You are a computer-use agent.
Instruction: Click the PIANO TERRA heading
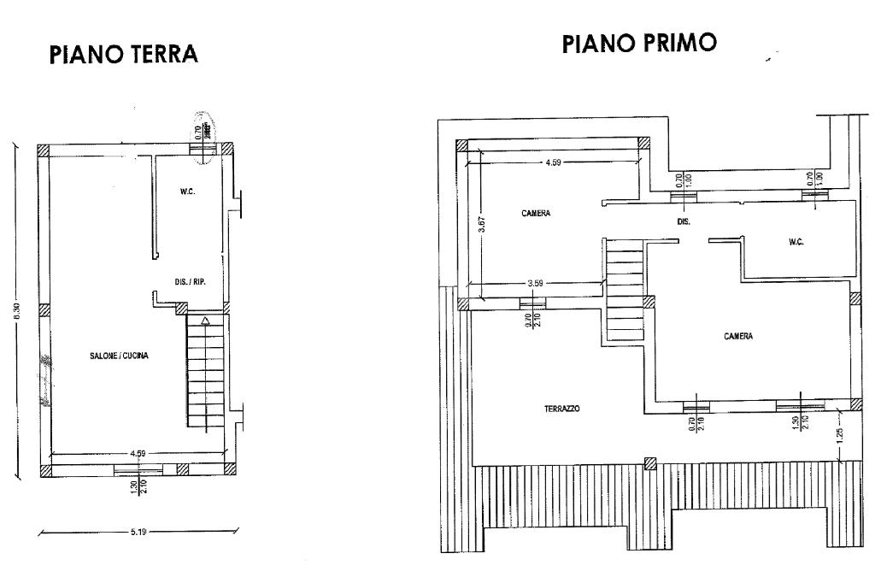pyautogui.click(x=125, y=55)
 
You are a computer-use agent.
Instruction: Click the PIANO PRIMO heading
pyautogui.click(x=639, y=44)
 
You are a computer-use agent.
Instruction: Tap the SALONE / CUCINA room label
pyautogui.click(x=120, y=356)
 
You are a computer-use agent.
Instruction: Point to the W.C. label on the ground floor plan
pyautogui.click(x=188, y=191)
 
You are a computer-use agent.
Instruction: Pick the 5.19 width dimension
pyautogui.click(x=138, y=532)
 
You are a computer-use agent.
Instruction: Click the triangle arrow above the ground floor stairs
pyautogui.click(x=205, y=321)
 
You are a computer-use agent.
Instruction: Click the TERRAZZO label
pyautogui.click(x=561, y=409)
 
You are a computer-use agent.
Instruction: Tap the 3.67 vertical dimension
pyautogui.click(x=483, y=224)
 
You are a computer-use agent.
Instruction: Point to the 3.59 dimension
pyautogui.click(x=536, y=282)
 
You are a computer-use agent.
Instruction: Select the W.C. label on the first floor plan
pyautogui.click(x=796, y=242)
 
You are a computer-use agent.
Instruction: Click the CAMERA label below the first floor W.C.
pyautogui.click(x=738, y=336)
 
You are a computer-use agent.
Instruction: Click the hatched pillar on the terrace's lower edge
pyautogui.click(x=651, y=463)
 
